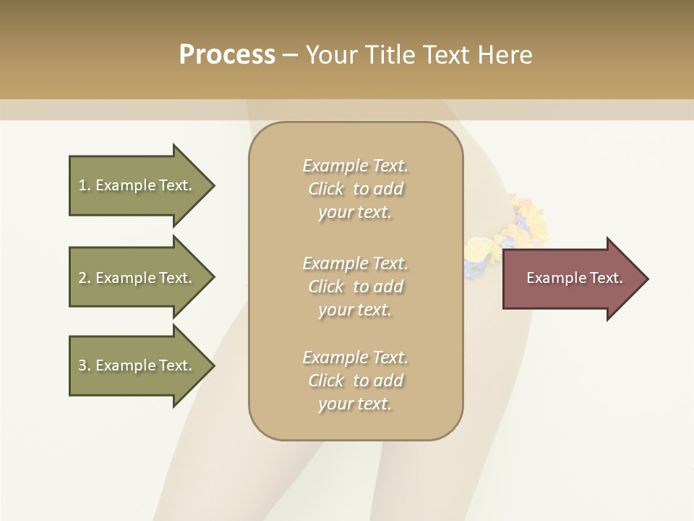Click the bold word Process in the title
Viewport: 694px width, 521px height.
(227, 55)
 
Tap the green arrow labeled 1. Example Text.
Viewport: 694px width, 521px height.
(137, 185)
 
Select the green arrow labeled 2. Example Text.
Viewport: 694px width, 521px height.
(137, 278)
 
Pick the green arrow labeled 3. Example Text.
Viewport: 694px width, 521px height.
(137, 365)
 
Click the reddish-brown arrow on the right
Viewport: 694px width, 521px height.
(571, 279)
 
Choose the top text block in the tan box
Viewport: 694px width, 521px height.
(356, 189)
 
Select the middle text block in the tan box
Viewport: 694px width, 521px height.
(356, 286)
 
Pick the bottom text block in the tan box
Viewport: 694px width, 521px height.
(356, 380)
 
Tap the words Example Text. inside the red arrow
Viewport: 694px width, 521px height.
(574, 278)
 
